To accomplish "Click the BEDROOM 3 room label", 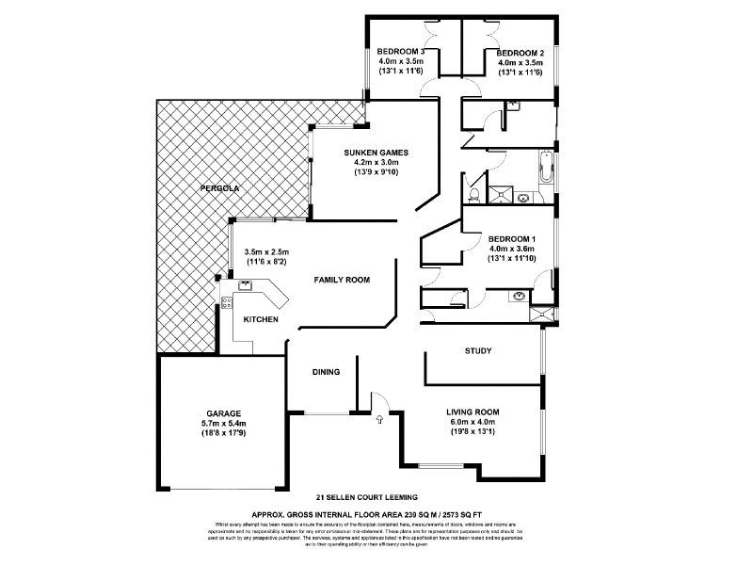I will tap(402, 52).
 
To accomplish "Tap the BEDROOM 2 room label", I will tap(520, 52).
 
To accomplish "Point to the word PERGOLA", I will tap(220, 189).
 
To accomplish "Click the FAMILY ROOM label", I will tap(341, 280).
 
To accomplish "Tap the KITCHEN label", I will tap(261, 320).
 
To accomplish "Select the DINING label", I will tap(326, 372).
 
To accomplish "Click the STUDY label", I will tap(478, 351).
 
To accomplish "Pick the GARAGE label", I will tap(225, 413).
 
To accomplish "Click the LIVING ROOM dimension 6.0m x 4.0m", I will tap(473, 423).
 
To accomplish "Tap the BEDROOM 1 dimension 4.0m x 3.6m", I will tap(513, 249).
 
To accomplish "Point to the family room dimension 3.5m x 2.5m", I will tap(266, 251).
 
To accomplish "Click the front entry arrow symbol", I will tap(379, 419).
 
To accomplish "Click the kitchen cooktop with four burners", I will tap(226, 302).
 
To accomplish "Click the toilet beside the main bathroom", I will tap(477, 194).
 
